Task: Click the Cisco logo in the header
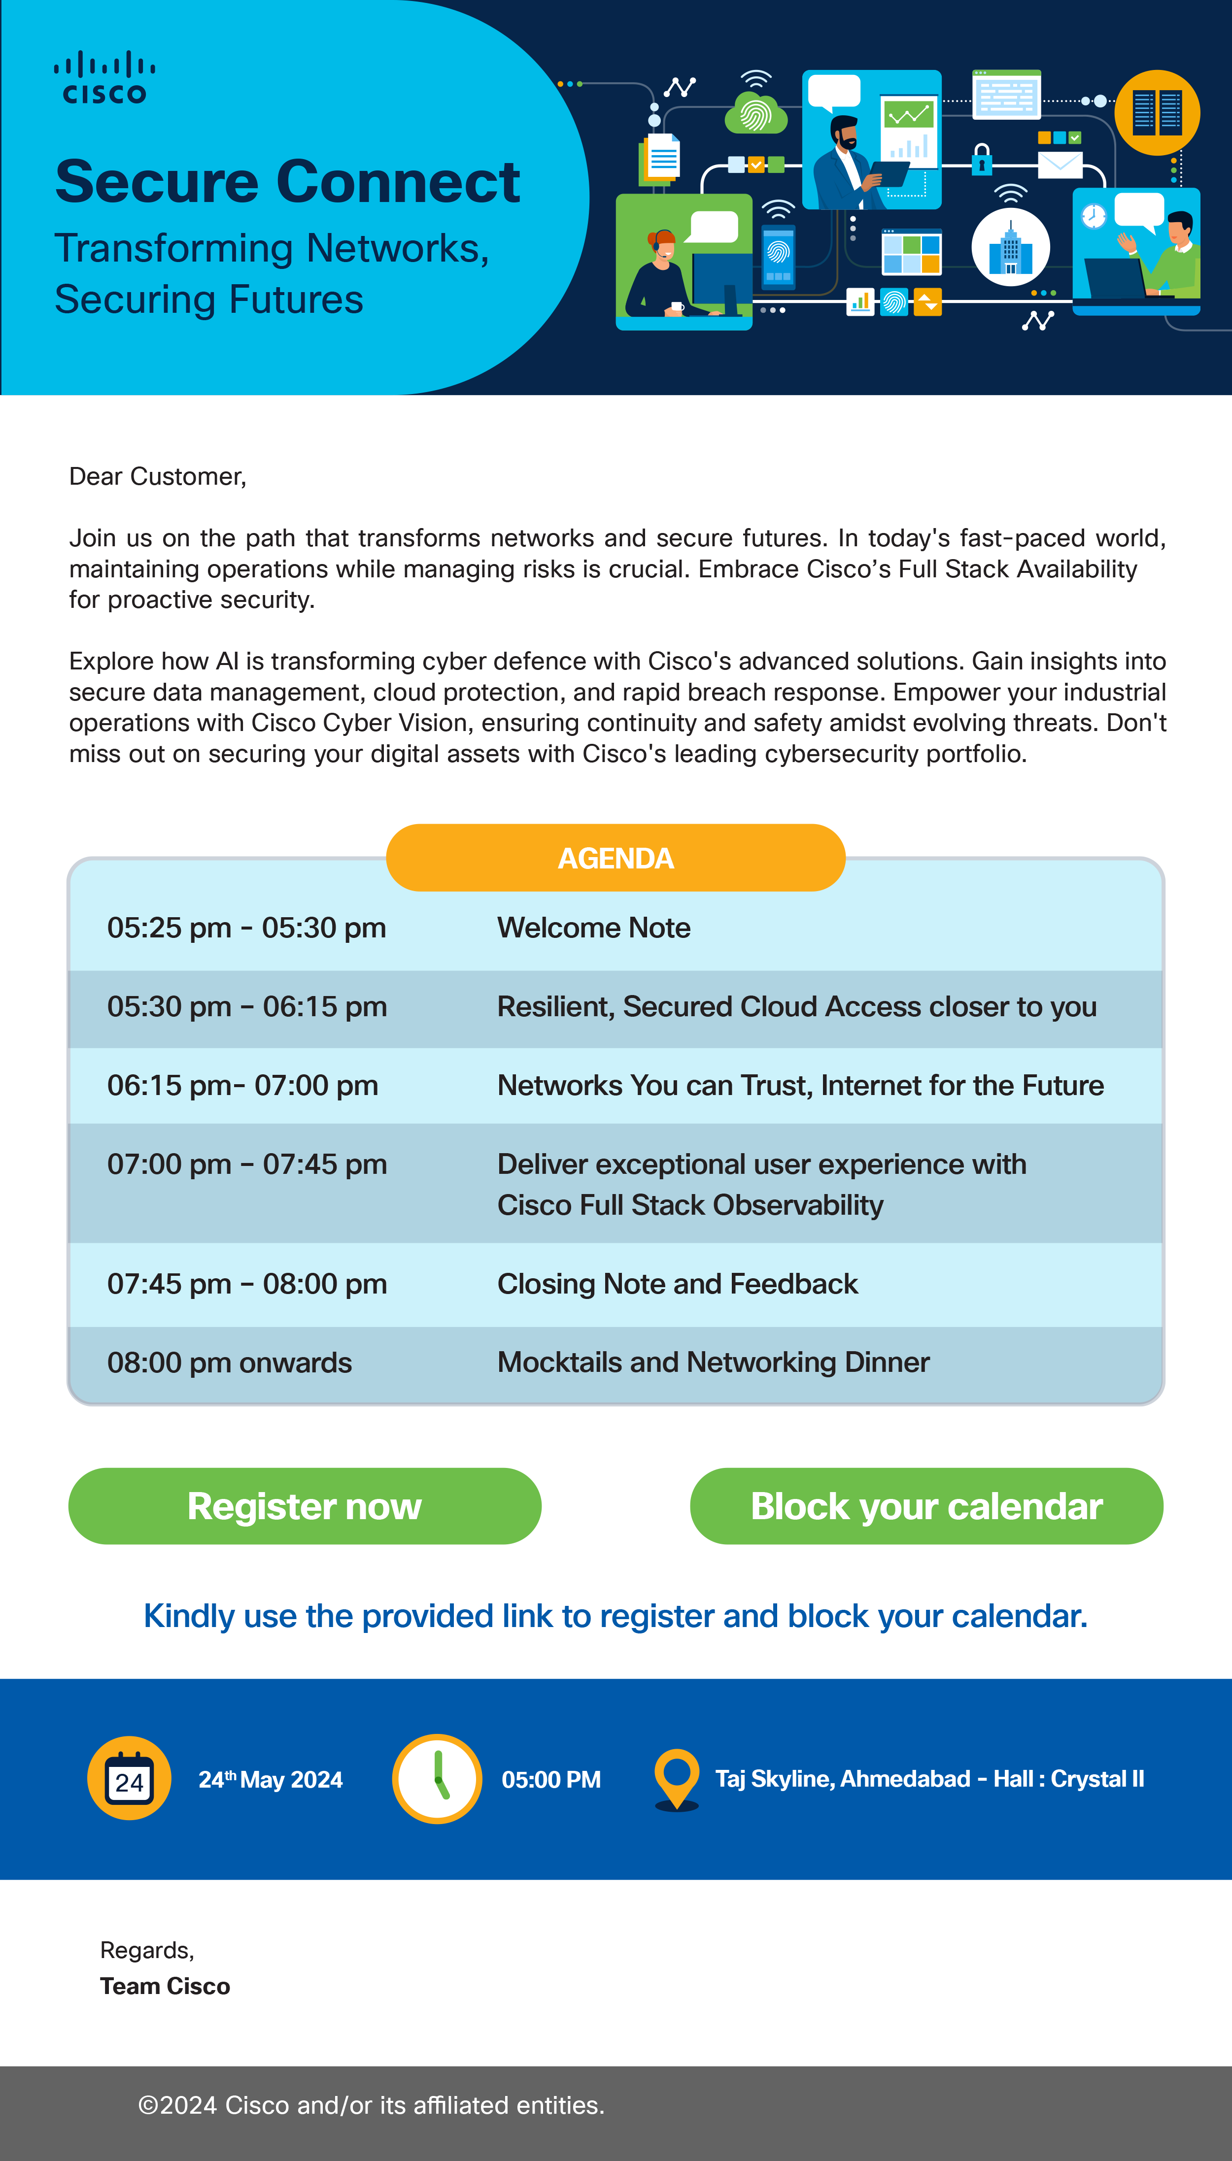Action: click(104, 78)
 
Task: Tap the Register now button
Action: click(305, 1506)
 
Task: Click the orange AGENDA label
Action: click(615, 858)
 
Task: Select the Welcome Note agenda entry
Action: click(593, 928)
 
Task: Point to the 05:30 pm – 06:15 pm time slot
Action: click(247, 1006)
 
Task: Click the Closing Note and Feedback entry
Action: click(677, 1284)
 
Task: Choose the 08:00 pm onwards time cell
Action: click(229, 1363)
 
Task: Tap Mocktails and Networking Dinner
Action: click(713, 1363)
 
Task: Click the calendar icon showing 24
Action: click(130, 1779)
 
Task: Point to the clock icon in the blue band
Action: click(437, 1779)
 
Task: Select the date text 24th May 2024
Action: click(270, 1780)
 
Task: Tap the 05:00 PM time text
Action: click(551, 1780)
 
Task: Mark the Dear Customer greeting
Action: click(157, 476)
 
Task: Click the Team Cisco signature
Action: click(165, 1986)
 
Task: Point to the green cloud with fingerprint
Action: click(755, 114)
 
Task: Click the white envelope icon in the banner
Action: click(1060, 165)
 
